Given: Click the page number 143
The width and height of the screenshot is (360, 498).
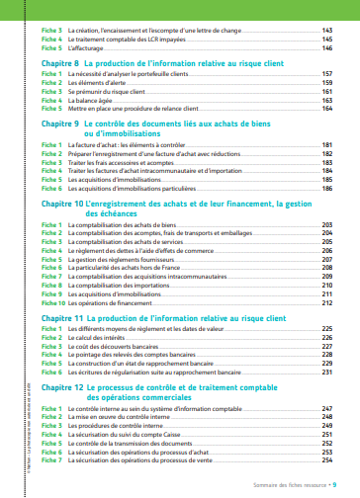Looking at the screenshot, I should tap(326, 31).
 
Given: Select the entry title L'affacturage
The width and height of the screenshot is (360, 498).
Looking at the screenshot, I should tap(88, 46).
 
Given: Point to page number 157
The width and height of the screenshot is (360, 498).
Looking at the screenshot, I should tap(326, 75).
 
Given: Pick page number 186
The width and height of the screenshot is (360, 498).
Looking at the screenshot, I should tap(326, 187).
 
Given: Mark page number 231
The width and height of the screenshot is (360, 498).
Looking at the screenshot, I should tap(326, 373).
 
